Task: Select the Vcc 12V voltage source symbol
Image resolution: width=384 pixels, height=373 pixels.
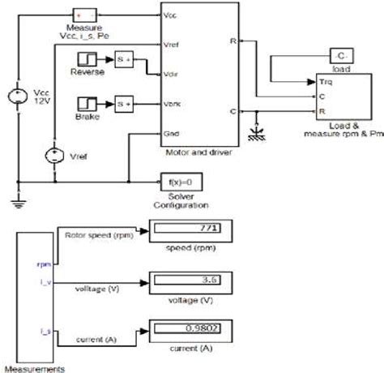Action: pyautogui.click(x=15, y=100)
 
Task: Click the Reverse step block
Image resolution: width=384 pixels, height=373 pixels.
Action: pyautogui.click(x=87, y=59)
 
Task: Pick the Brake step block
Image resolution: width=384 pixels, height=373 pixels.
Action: pyautogui.click(x=87, y=103)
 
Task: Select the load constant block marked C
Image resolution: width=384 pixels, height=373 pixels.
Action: pyautogui.click(x=341, y=54)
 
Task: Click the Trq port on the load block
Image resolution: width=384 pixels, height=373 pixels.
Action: pyautogui.click(x=326, y=82)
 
